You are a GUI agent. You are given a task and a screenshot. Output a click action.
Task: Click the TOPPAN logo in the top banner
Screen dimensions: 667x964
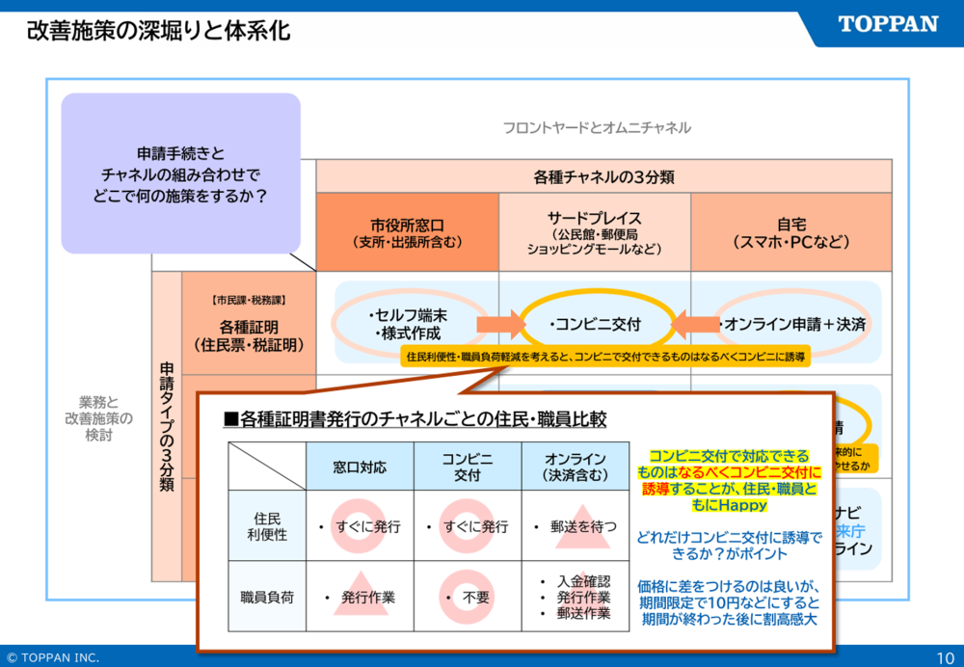click(888, 25)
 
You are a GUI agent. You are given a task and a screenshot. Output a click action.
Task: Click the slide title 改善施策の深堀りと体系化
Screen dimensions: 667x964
click(158, 31)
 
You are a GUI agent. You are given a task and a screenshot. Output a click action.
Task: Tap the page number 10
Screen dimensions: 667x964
click(945, 657)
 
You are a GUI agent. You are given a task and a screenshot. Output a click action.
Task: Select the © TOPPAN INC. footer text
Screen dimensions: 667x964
click(53, 657)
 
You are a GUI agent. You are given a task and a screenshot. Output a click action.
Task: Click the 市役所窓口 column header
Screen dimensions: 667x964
click(407, 231)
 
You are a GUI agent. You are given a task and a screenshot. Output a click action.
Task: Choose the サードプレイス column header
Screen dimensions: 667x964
click(594, 232)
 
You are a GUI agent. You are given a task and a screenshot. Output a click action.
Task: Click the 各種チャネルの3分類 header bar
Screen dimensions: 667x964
click(603, 176)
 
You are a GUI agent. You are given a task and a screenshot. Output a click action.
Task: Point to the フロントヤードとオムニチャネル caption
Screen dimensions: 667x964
click(597, 127)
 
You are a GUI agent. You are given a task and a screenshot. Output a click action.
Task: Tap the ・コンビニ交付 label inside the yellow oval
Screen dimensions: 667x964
click(595, 324)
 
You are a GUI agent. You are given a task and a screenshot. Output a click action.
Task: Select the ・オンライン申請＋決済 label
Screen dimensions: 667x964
click(792, 324)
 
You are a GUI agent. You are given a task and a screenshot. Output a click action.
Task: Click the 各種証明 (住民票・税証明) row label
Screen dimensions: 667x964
click(249, 333)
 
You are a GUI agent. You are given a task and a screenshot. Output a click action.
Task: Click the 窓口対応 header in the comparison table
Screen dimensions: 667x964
click(360, 467)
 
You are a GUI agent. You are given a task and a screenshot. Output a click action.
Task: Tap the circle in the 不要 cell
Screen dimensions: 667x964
click(468, 597)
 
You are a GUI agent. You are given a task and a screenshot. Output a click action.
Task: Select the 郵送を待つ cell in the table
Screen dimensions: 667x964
click(576, 527)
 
